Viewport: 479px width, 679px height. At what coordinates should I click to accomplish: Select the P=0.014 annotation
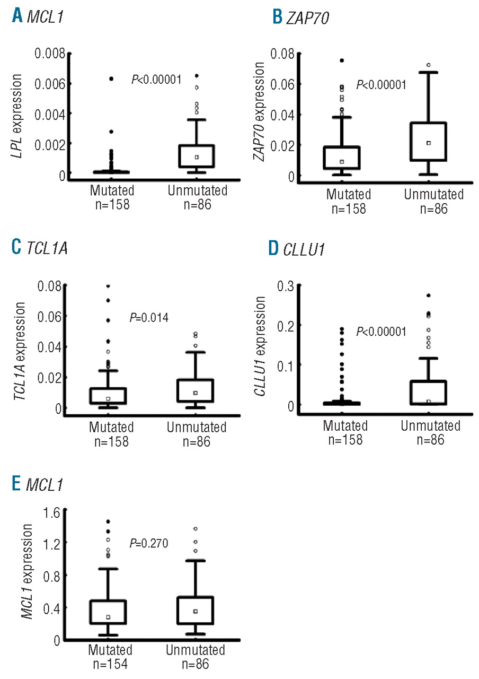pos(149,318)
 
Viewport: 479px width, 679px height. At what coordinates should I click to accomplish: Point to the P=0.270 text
pos(149,544)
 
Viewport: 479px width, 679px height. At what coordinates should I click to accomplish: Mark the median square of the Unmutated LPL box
pos(197,157)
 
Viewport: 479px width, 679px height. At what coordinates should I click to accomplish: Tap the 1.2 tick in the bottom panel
pos(49,543)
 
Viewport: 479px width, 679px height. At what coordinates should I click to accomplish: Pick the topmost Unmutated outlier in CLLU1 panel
pos(428,295)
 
